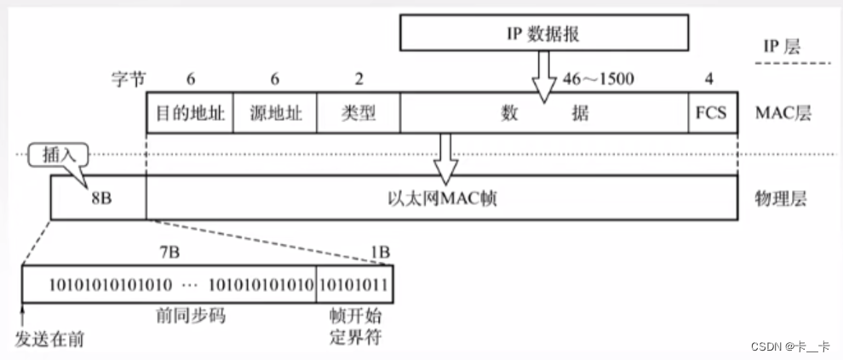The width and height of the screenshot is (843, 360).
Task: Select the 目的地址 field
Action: coord(190,113)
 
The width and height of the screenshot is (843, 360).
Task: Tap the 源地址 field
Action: coord(274,113)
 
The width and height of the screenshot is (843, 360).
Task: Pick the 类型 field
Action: coord(358,113)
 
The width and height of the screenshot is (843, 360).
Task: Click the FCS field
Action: coord(713,113)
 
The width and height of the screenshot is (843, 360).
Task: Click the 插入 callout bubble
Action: coord(53,156)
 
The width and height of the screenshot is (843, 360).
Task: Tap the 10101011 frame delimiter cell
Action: coord(353,284)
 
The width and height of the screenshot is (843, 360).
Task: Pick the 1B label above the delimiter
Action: coord(378,252)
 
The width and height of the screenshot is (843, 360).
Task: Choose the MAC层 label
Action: coord(782,113)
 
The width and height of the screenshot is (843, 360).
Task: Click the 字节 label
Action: coord(128,79)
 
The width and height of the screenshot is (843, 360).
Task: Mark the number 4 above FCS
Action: coord(709,79)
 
